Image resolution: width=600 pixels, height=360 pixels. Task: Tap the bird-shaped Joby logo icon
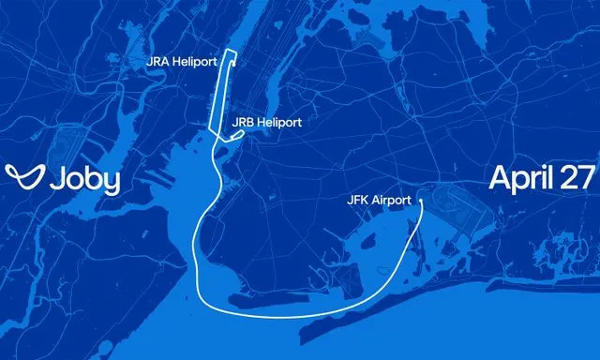(x=22, y=177)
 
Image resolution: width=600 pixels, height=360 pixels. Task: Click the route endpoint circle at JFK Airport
(x=421, y=199)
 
